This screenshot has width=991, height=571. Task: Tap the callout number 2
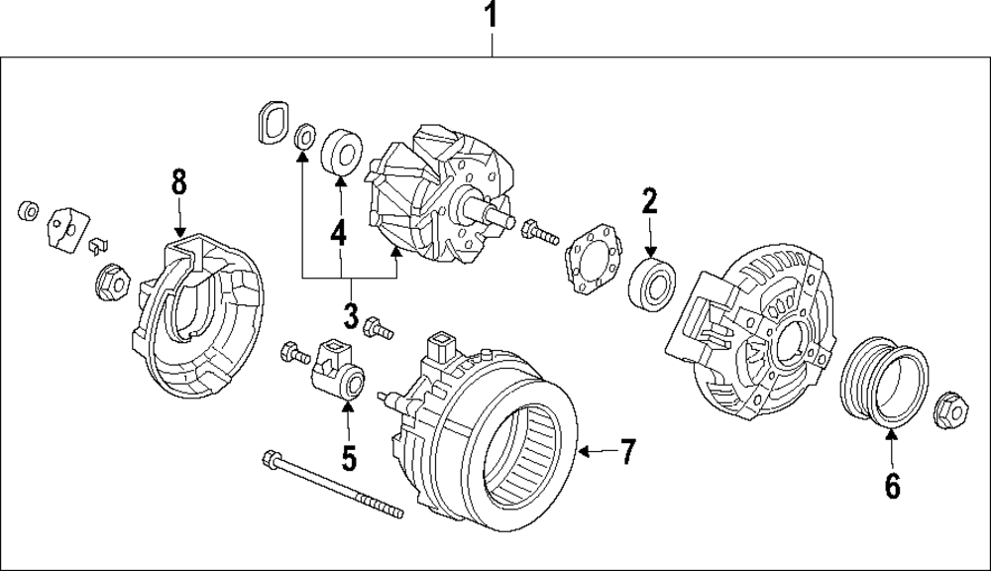point(649,202)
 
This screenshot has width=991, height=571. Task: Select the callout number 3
point(351,316)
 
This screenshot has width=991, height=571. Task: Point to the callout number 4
point(339,234)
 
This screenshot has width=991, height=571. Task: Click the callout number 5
point(348,458)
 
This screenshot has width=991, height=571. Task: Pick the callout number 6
point(891,486)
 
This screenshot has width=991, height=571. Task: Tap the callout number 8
point(178,181)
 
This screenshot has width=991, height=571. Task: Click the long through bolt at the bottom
point(332,485)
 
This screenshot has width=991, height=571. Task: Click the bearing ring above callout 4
point(341,151)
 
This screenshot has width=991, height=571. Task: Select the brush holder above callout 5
point(339,368)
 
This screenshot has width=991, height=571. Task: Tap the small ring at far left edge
point(29,210)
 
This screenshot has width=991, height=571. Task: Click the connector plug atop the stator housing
point(439,349)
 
